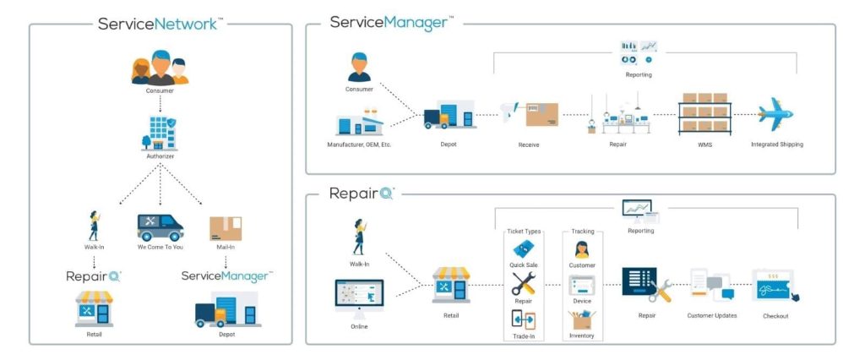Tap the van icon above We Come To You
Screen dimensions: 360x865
click(160, 227)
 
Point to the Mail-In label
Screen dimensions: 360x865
click(225, 248)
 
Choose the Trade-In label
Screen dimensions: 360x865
click(523, 335)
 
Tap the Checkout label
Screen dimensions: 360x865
click(775, 316)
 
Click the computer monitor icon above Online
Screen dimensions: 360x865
click(360, 297)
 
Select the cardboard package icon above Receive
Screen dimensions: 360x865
click(541, 115)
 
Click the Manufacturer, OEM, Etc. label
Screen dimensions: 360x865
click(359, 145)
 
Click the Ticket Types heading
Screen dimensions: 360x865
click(523, 231)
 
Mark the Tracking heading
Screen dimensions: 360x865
click(582, 231)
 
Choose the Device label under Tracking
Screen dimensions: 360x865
click(582, 301)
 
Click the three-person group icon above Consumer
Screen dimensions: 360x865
click(160, 69)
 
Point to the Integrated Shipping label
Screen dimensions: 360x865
click(777, 145)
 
